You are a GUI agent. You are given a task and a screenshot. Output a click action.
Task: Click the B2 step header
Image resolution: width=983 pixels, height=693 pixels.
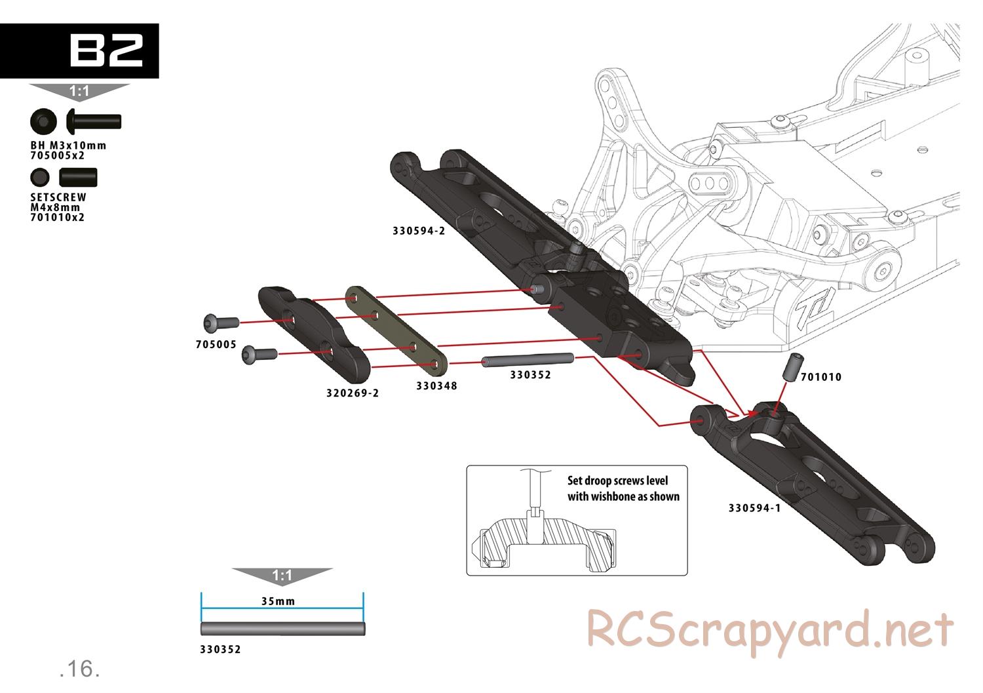pyautogui.click(x=105, y=50)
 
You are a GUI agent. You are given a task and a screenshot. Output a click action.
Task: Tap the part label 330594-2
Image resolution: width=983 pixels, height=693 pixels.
pyautogui.click(x=419, y=231)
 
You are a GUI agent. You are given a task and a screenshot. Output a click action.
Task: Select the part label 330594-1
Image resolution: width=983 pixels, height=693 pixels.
pyautogui.click(x=754, y=507)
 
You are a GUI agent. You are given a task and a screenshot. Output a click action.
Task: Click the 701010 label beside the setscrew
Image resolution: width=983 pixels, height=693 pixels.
pyautogui.click(x=821, y=377)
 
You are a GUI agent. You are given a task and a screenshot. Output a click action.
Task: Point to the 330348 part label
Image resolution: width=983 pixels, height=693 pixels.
pyautogui.click(x=436, y=386)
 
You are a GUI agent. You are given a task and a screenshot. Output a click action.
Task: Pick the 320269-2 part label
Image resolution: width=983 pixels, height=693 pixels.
pyautogui.click(x=353, y=393)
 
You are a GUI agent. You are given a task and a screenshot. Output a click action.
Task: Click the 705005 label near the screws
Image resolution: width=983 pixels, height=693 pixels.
pyautogui.click(x=216, y=344)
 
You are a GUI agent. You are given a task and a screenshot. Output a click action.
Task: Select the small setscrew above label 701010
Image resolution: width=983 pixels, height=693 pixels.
pyautogui.click(x=792, y=366)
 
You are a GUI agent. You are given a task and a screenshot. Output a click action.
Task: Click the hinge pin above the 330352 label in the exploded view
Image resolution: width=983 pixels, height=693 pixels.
pyautogui.click(x=528, y=360)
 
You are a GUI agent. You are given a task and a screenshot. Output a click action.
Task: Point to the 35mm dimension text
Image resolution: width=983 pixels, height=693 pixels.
pyautogui.click(x=278, y=601)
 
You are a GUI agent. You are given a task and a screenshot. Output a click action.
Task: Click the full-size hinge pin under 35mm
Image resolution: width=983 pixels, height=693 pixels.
pyautogui.click(x=282, y=629)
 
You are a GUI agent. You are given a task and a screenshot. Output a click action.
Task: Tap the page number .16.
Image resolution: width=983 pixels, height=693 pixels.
pyautogui.click(x=79, y=669)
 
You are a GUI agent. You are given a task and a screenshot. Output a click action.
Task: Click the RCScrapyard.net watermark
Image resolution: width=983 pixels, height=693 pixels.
pyautogui.click(x=769, y=630)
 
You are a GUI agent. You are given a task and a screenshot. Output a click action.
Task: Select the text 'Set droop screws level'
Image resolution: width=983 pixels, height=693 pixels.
pyautogui.click(x=617, y=481)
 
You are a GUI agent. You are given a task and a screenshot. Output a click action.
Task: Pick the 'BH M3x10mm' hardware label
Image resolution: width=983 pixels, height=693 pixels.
pyautogui.click(x=68, y=146)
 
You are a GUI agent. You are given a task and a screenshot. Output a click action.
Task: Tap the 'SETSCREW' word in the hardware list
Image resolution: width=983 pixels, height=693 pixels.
pyautogui.click(x=58, y=197)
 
